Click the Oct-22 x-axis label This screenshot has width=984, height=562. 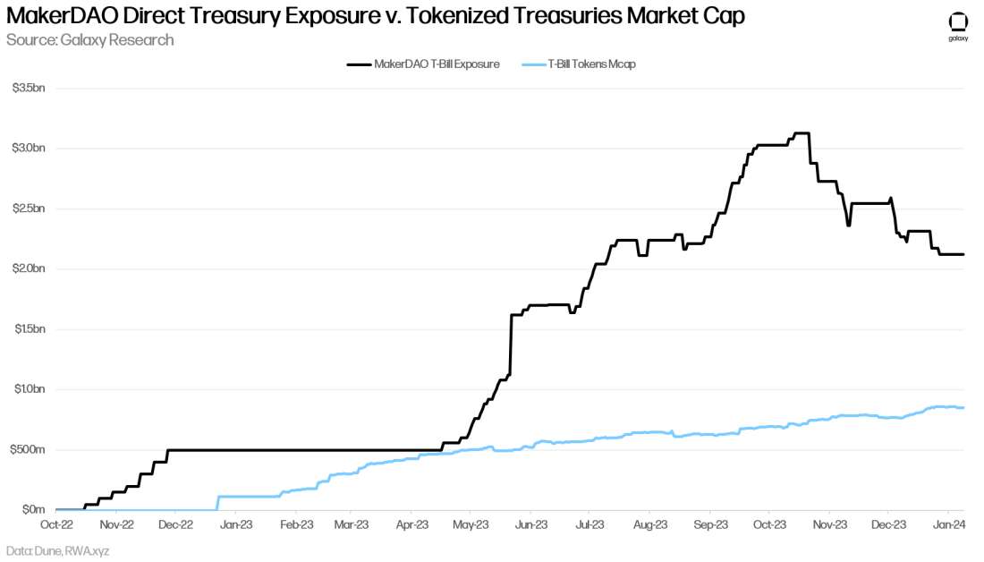pyautogui.click(x=56, y=525)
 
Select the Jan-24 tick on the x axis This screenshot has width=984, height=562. pyautogui.click(x=947, y=525)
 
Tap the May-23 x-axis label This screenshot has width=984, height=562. pyautogui.click(x=471, y=525)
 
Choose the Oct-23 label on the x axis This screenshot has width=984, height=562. pyautogui.click(x=769, y=525)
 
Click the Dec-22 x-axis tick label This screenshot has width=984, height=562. pyautogui.click(x=175, y=525)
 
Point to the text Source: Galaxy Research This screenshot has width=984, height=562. pyautogui.click(x=89, y=40)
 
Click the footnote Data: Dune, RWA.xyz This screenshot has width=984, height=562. pyautogui.click(x=57, y=550)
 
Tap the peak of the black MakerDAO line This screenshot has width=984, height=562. pyautogui.click(x=802, y=133)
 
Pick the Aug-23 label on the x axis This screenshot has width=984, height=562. pyautogui.click(x=650, y=525)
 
